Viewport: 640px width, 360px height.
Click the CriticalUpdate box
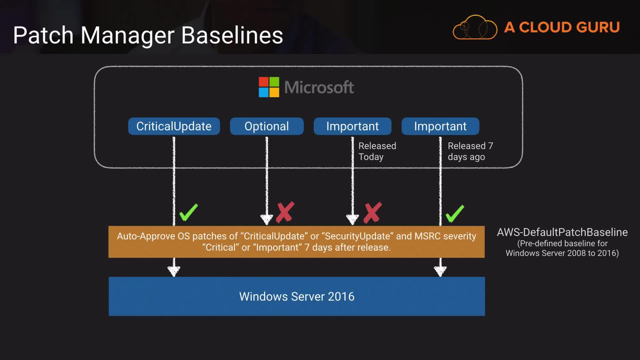pos(174,126)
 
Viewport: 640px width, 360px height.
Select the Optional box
pos(267,126)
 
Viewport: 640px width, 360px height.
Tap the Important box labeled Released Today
pos(352,126)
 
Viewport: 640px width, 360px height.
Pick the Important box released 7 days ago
pos(440,126)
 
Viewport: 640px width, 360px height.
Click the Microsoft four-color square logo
pos(269,87)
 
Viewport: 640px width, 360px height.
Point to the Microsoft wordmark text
pos(319,87)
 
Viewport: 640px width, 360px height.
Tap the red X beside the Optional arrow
pos(285,212)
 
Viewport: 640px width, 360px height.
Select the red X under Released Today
pos(372,212)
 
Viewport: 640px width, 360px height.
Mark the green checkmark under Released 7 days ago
pos(455,213)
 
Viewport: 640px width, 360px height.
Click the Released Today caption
pos(377,151)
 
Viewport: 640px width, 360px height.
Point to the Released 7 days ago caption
pos(470,151)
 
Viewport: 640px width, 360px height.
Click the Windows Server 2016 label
pos(297,296)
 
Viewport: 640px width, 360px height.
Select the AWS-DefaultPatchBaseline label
pos(562,232)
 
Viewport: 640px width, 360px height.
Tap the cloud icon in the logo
pos(475,27)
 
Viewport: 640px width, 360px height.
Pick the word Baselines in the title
pos(232,35)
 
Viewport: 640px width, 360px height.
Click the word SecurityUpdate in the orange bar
pos(357,236)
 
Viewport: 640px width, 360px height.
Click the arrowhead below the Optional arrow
pos(267,219)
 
